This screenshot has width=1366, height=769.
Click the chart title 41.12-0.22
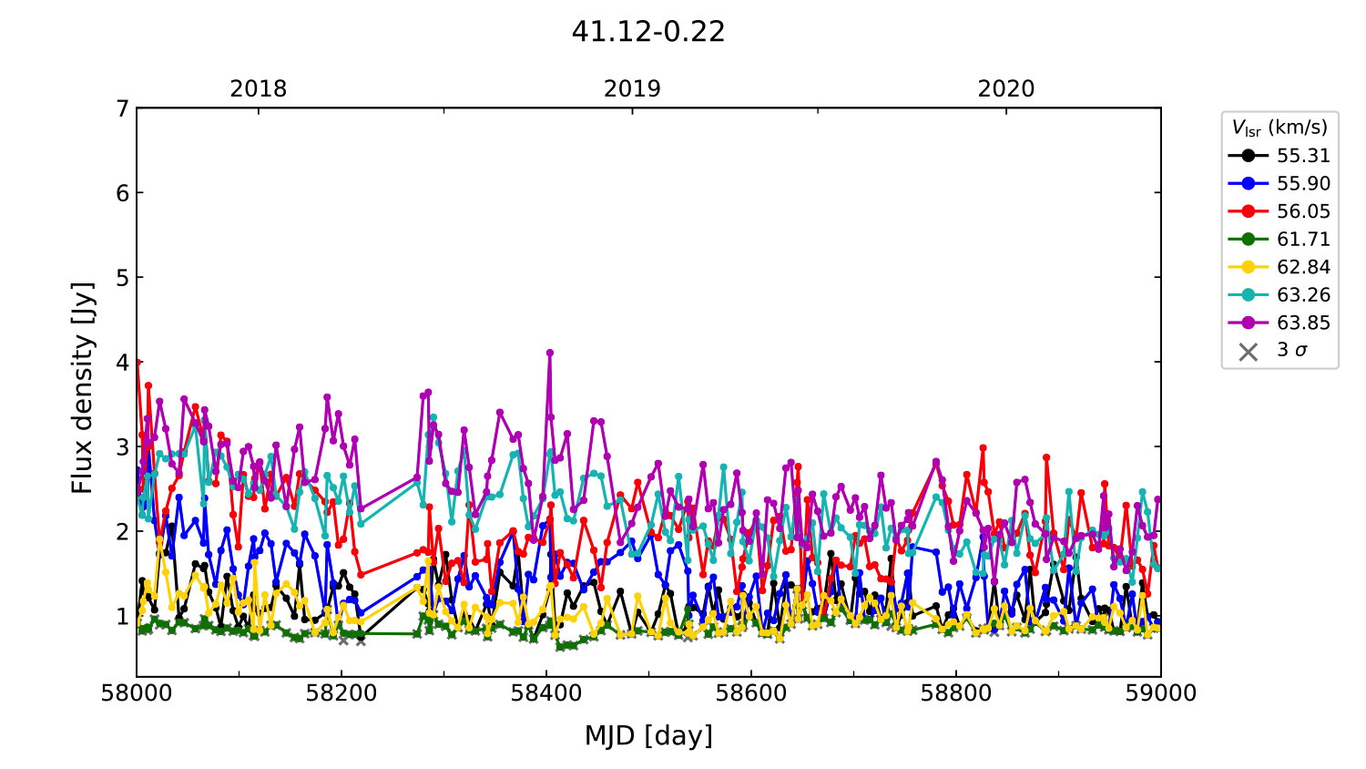(648, 32)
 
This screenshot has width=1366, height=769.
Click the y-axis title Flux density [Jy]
(83, 387)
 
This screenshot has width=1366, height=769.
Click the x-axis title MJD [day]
(648, 735)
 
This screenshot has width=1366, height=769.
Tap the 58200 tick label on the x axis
(341, 693)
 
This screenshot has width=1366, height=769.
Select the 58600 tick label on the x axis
(751, 693)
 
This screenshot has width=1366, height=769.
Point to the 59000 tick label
(1160, 693)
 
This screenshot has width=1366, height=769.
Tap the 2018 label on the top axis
(258, 89)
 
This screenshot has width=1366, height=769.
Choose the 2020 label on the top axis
(1006, 89)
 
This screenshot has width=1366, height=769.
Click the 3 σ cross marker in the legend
(1249, 351)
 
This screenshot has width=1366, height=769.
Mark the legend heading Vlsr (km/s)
(1279, 128)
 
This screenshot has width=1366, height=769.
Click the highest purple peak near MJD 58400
(549, 353)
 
